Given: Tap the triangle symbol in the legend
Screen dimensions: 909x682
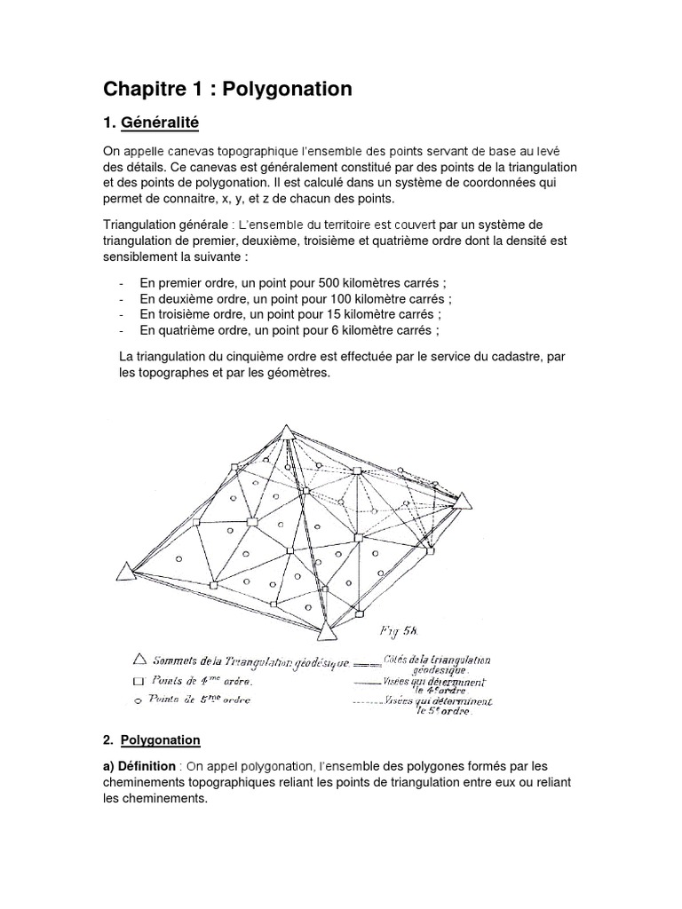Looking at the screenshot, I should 138,660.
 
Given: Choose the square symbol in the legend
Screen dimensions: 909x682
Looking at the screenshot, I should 138,682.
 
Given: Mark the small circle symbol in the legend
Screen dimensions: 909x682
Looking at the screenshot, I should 138,700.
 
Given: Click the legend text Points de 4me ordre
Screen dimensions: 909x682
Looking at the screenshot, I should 202,682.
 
